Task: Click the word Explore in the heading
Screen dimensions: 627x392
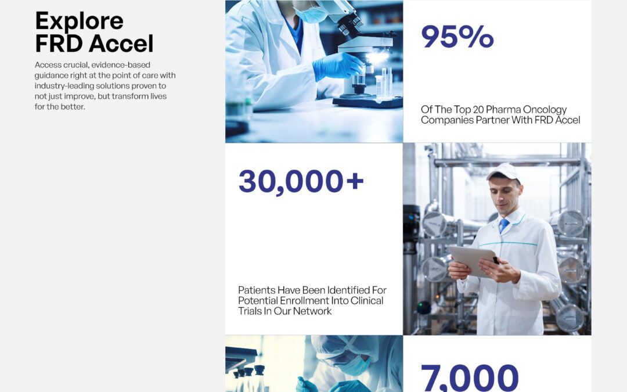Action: [79, 21]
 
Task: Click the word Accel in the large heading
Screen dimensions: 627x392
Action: [121, 43]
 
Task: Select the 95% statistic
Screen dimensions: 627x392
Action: [457, 37]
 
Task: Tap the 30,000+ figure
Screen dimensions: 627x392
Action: [301, 182]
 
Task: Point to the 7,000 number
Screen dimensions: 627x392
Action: [470, 377]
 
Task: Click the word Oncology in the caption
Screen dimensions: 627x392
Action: [545, 110]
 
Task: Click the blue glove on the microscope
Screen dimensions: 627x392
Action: [337, 66]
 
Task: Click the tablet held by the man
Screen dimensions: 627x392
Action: [473, 260]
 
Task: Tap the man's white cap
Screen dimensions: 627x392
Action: [503, 171]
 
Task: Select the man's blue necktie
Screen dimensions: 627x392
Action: [503, 225]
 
